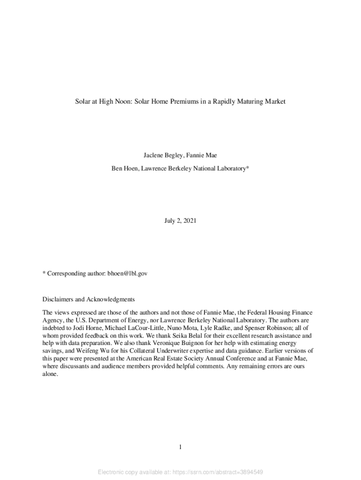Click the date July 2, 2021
[x=180, y=220]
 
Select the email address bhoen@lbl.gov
[x=128, y=273]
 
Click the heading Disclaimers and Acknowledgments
[x=89, y=299]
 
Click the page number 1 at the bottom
[x=180, y=448]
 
